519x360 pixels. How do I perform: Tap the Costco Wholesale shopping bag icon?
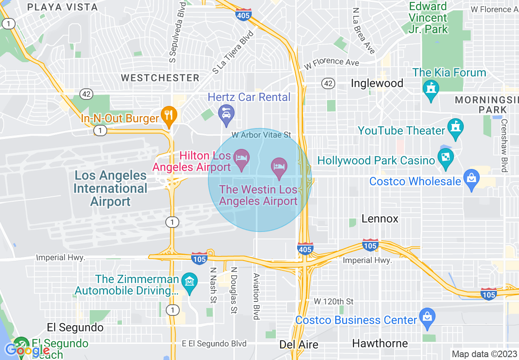click(x=472, y=179)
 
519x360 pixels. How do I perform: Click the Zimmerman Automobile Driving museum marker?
click(x=190, y=282)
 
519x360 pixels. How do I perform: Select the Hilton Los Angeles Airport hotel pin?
click(x=241, y=158)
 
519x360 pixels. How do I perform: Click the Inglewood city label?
click(x=377, y=83)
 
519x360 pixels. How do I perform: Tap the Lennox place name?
click(x=380, y=219)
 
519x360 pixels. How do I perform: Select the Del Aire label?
click(x=299, y=345)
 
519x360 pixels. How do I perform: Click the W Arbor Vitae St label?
click(x=261, y=135)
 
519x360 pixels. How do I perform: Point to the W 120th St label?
click(x=334, y=301)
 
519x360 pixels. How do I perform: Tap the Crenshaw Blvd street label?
click(x=504, y=145)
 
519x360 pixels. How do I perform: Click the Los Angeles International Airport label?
click(x=110, y=189)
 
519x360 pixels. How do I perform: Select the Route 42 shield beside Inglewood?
click(x=328, y=83)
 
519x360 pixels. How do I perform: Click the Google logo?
click(x=27, y=350)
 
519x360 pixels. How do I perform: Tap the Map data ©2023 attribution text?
click(x=484, y=354)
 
